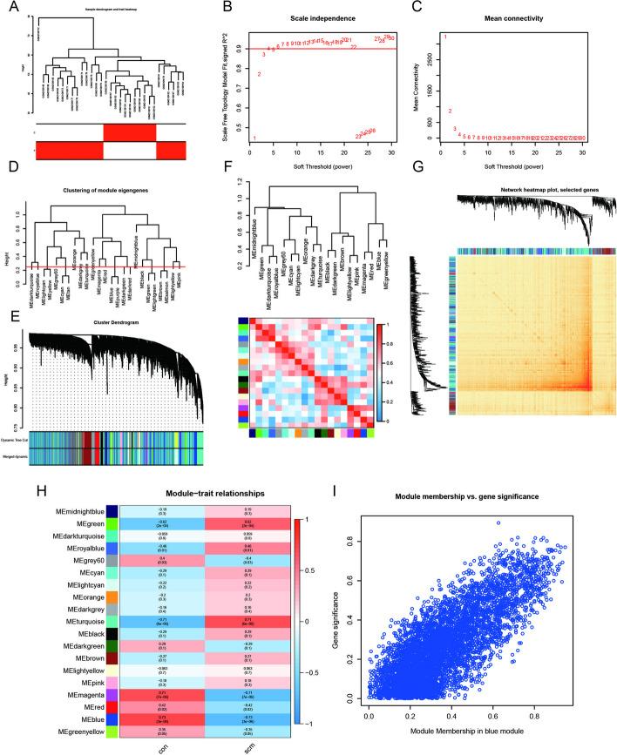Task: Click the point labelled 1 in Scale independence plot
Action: (254, 138)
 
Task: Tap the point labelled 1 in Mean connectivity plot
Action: (444, 37)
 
